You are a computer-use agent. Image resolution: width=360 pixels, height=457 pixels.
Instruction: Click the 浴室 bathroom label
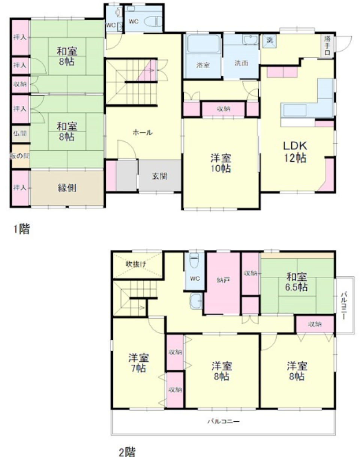[203, 64]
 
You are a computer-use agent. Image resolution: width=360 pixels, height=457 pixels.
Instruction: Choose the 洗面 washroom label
[241, 63]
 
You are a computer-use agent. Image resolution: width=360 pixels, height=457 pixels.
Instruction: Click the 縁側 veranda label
[67, 187]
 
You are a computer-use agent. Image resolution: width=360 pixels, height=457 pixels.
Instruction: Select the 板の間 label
[20, 156]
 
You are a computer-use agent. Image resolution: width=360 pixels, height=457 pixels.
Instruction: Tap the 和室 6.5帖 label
[297, 282]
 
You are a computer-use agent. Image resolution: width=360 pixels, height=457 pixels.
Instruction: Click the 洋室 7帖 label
[137, 362]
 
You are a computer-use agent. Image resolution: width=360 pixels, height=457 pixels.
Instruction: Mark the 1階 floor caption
[21, 229]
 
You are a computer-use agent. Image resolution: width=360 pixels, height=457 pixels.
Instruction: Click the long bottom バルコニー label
[223, 421]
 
